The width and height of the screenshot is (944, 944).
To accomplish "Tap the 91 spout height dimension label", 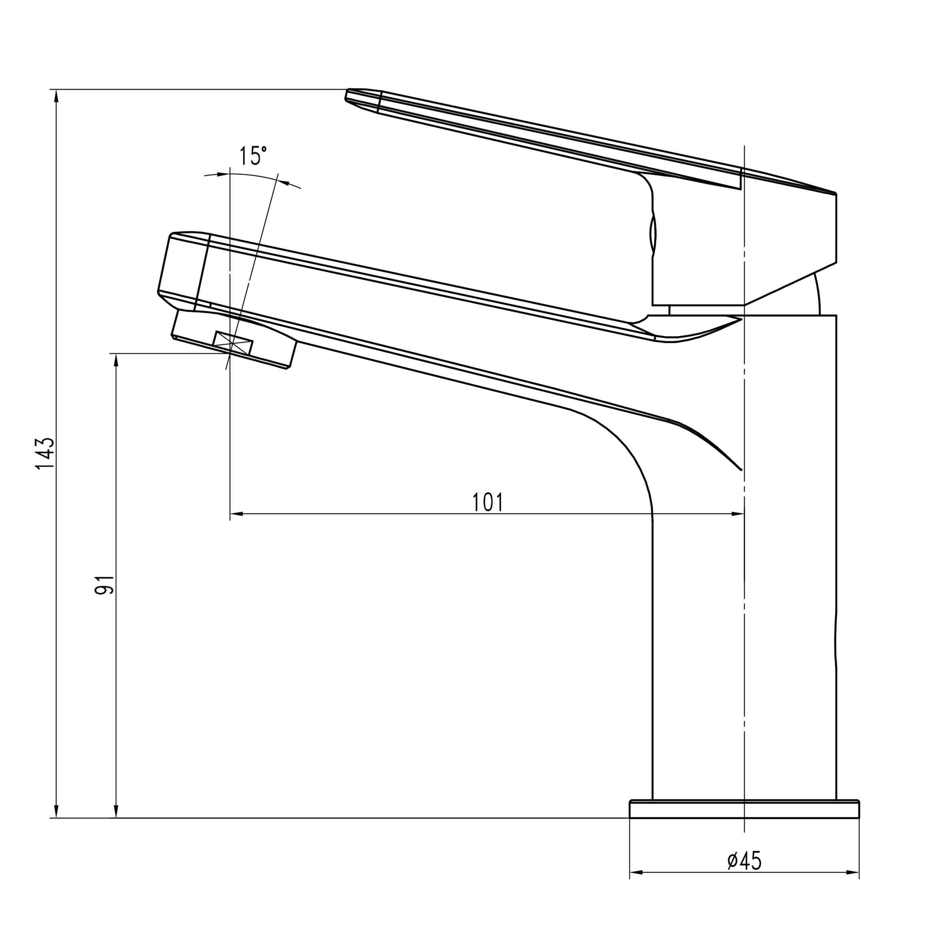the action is pos(104,584).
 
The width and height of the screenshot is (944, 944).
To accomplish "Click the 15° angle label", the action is pos(253,156).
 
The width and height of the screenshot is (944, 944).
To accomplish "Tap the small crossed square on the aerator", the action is pos(233,343).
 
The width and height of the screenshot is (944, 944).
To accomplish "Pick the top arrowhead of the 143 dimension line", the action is pos(57,96).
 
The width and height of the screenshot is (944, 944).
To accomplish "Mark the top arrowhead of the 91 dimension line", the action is pos(116,360).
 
